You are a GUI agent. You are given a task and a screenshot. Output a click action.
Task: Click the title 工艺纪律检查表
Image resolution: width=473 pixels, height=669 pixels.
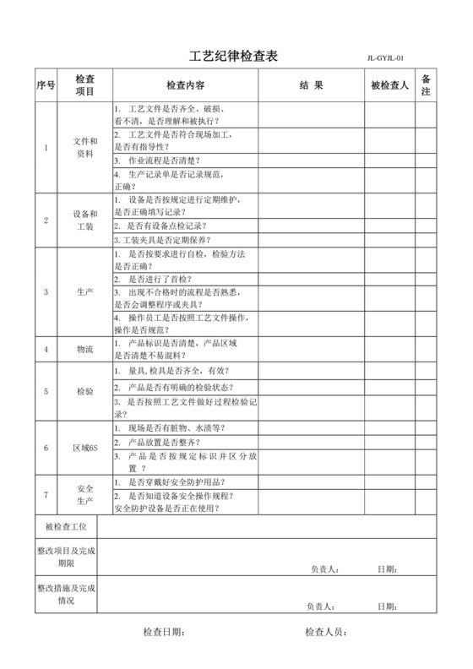coord(232,57)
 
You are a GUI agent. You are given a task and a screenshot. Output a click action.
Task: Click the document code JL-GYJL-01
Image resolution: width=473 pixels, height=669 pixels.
coord(391,58)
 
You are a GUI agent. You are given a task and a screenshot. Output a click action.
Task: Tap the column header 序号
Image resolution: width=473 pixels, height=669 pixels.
coord(46,85)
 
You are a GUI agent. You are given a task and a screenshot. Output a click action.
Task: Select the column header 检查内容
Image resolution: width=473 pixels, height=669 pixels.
coord(185,85)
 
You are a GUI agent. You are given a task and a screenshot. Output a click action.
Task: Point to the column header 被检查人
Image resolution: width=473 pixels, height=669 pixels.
coord(389,85)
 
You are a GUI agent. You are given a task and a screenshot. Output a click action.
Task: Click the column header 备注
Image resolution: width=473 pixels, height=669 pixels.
coord(427,85)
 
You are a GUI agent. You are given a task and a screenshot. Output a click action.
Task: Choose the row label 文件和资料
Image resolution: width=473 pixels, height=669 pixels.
coord(85,148)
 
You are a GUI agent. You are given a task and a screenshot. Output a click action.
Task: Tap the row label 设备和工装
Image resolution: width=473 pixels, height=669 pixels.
coord(85,220)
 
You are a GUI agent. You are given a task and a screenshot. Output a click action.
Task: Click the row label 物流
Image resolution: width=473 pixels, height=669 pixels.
coord(85,348)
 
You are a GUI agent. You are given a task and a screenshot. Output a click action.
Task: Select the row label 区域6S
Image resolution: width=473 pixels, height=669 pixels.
coord(85,448)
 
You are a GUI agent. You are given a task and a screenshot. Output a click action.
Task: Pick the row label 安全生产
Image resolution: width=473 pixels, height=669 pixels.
coord(85,495)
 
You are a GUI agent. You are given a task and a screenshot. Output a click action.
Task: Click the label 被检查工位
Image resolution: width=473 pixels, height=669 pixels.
coord(66,527)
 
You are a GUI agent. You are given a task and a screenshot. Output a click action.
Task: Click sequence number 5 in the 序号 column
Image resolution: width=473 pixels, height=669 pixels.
coord(46,392)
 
